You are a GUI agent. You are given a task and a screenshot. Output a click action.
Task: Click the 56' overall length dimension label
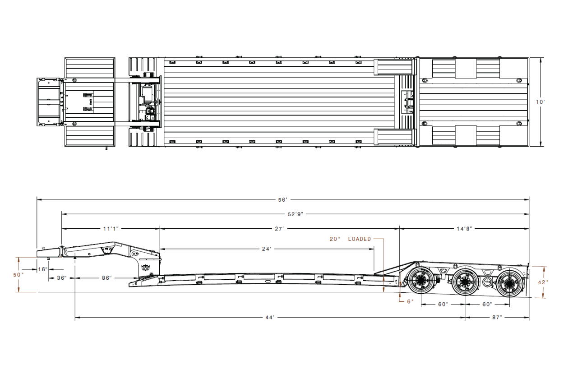point(282,199)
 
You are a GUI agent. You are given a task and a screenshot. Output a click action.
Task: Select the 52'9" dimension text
point(296,214)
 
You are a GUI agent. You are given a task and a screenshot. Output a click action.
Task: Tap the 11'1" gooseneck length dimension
point(111,229)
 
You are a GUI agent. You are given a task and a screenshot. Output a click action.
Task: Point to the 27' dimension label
point(279,229)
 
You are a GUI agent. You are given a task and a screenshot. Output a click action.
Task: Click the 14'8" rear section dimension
point(464,229)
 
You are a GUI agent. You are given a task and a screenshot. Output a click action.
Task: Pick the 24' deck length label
point(267,249)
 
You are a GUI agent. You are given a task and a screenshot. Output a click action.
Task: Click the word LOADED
point(360,239)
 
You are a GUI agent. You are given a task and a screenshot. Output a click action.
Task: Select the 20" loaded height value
point(335,239)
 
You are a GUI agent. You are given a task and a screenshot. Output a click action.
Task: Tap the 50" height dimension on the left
point(18,275)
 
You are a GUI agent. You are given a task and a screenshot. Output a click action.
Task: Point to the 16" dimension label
point(42,269)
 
